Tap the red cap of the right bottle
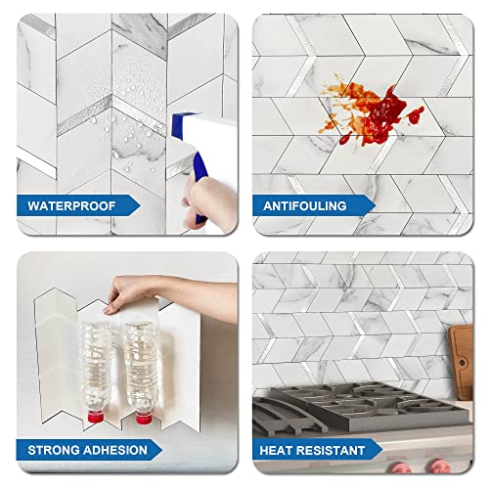[x=143, y=420]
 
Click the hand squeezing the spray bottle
[x=211, y=200]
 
